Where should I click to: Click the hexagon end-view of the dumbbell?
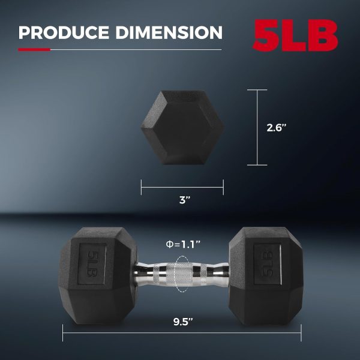click(182, 127)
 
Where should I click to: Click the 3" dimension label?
click(182, 200)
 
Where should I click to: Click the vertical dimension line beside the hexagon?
click(257, 127)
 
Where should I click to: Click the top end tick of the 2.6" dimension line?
click(257, 90)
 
